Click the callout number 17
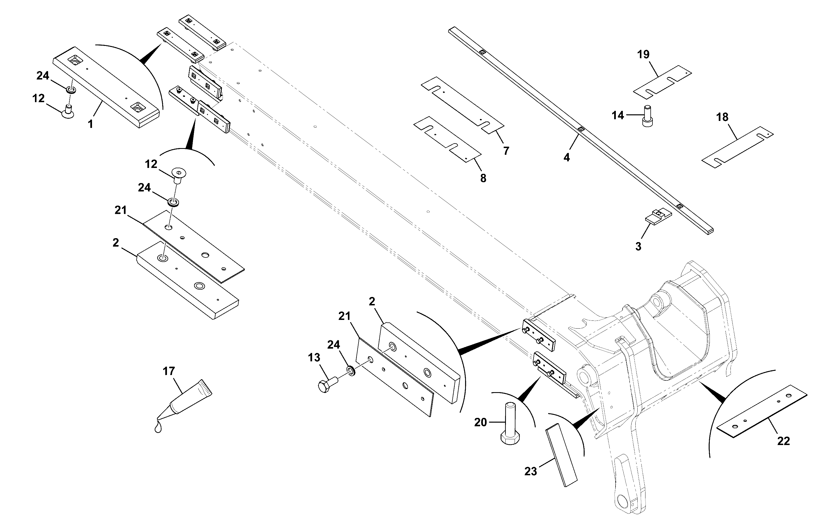coord(169,371)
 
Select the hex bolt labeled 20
coord(510,423)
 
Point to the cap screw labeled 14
coord(647,116)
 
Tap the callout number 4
coord(567,158)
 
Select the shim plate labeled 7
coord(462,105)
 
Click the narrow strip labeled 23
coord(561,455)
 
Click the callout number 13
coord(314,357)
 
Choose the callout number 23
coord(531,471)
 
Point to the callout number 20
coord(480,422)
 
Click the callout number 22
coord(784,441)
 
